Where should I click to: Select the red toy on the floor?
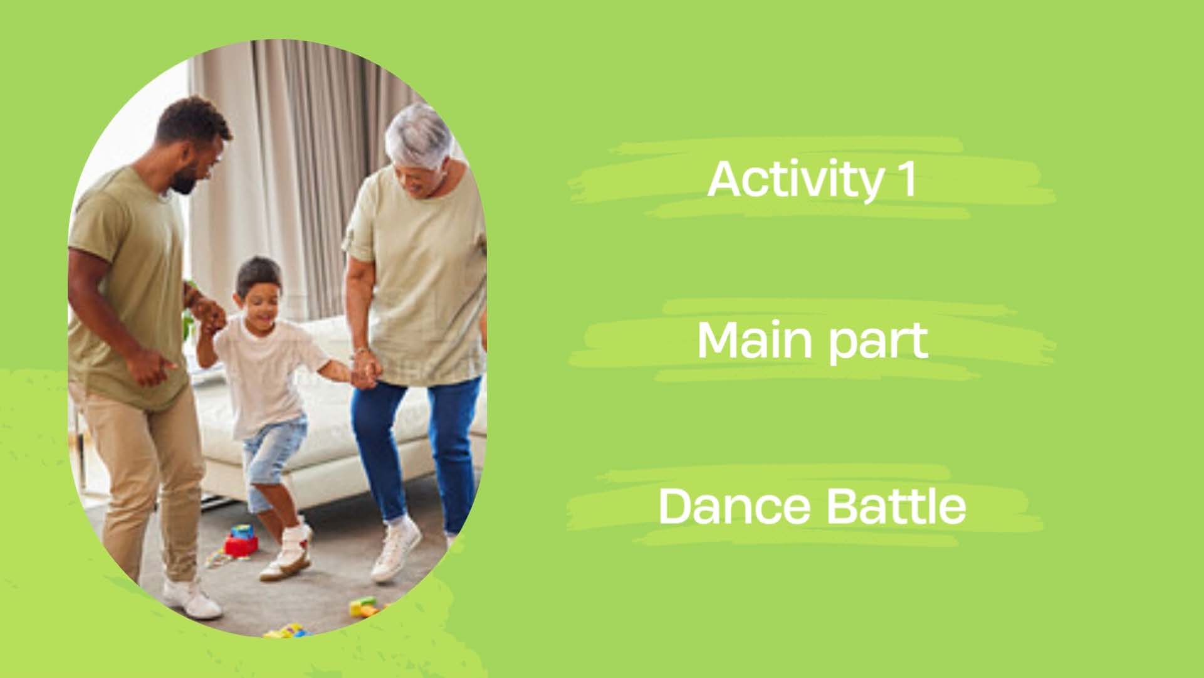[241, 541]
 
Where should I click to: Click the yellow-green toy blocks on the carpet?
[364, 606]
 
